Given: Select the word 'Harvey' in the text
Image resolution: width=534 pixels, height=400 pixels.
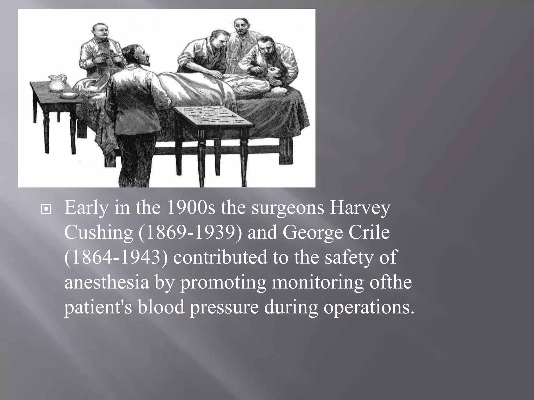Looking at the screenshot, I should [x=360, y=208].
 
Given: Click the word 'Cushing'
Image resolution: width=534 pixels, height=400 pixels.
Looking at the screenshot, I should [x=99, y=233].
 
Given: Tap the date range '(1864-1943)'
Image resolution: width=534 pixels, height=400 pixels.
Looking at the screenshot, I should [x=116, y=257].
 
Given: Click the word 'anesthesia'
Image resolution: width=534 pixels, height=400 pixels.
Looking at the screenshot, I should [x=107, y=282].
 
